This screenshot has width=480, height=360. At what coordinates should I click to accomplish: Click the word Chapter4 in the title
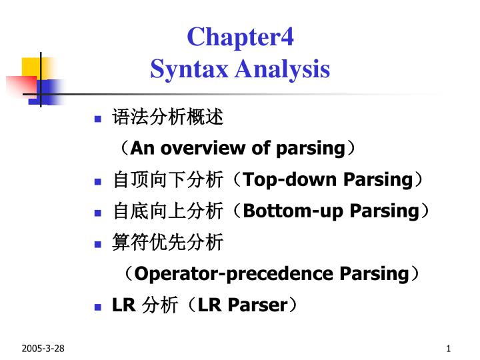tap(240, 37)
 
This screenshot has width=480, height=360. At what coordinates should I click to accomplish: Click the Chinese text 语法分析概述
tap(167, 118)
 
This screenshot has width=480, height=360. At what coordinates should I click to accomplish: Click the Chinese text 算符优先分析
tap(167, 242)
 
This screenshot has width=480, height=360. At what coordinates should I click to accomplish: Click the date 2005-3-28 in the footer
tap(43, 349)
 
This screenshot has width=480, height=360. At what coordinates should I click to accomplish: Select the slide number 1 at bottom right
tap(449, 349)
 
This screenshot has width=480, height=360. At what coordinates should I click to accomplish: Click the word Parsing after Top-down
tap(377, 179)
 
